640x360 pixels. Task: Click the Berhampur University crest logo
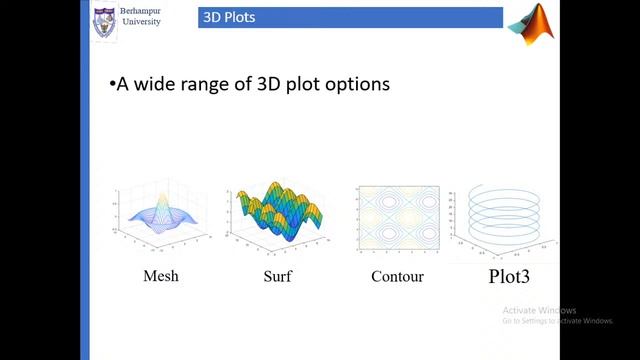103,22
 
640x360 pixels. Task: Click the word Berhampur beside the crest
146,11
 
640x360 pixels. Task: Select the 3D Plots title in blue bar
221,17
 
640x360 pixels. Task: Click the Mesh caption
160,276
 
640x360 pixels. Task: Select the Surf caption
277,276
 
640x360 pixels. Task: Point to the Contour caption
397,276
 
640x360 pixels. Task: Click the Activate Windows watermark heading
540,309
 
